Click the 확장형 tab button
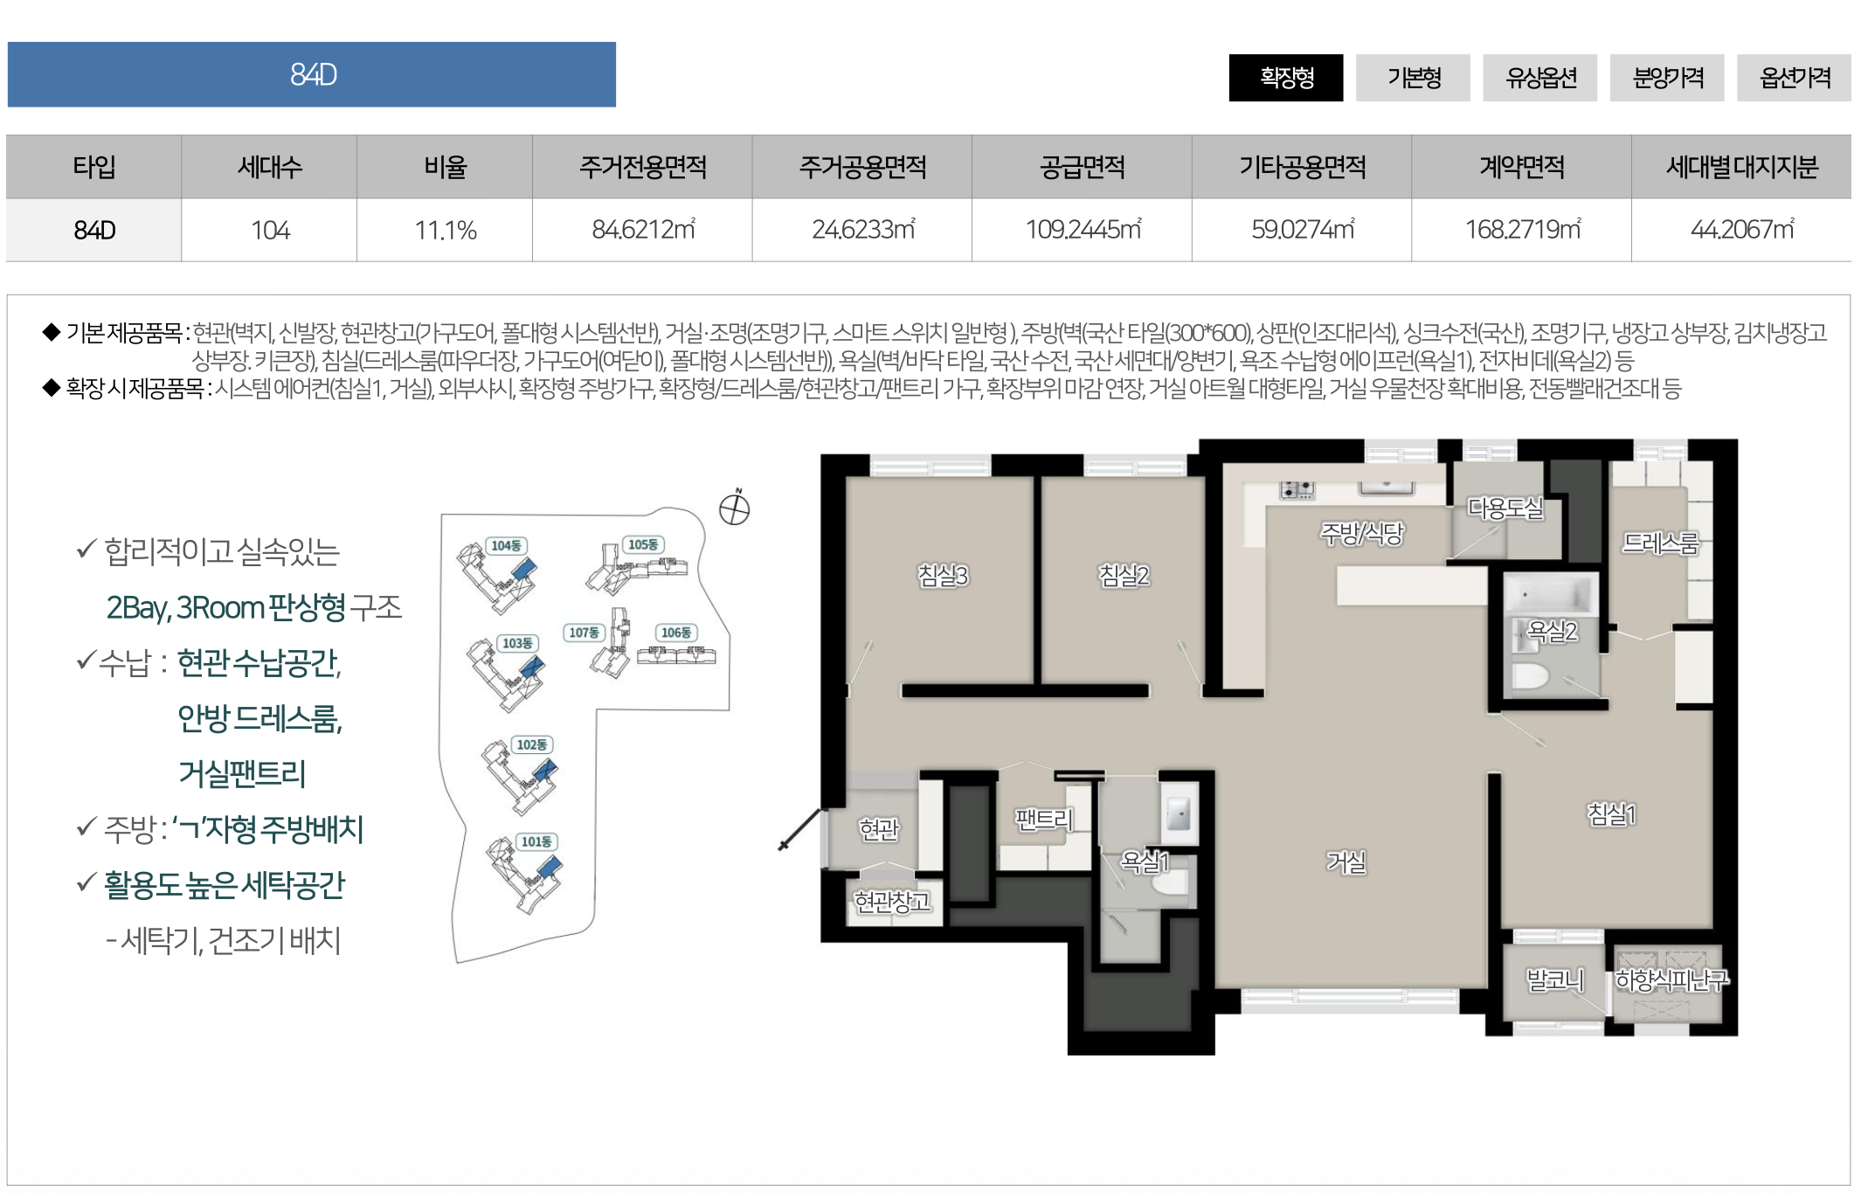(1285, 78)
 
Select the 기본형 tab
(1413, 78)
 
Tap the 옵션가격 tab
(1794, 78)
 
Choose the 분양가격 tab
(1667, 78)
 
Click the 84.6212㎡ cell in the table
(642, 230)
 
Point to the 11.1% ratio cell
(445, 230)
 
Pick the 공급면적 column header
(1082, 166)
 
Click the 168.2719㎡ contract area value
(1522, 230)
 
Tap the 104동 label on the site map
(506, 546)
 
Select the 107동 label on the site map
(584, 633)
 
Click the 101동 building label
(536, 841)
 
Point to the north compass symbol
(735, 508)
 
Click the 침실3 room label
(943, 575)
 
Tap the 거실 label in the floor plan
(1346, 862)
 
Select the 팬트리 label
(1043, 819)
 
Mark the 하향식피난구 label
(1671, 980)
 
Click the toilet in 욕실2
(1530, 675)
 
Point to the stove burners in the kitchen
(1297, 490)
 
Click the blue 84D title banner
(312, 74)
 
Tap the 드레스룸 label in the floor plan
(1660, 543)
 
